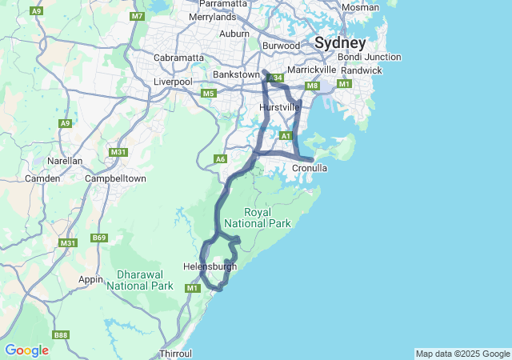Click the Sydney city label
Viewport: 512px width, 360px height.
tap(340, 42)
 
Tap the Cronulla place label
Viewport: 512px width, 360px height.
tap(310, 168)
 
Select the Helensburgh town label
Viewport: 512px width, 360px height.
tap(210, 266)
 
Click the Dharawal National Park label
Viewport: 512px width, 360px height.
tap(140, 279)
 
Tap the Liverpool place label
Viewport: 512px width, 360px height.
tap(172, 82)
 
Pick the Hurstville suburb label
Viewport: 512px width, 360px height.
tap(280, 106)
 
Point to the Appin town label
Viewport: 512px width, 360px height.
tap(91, 279)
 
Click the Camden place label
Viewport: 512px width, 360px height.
tap(42, 178)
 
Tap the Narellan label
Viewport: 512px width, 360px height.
tap(65, 160)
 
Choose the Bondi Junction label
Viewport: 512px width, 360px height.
tap(370, 57)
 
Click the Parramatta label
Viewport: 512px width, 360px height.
tap(223, 4)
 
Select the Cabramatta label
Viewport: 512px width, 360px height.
tap(178, 58)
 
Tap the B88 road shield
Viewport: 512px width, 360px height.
tap(61, 334)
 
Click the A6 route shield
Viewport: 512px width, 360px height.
tap(221, 159)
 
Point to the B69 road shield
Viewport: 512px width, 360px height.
tap(99, 238)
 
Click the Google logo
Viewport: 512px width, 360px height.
tap(26, 350)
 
